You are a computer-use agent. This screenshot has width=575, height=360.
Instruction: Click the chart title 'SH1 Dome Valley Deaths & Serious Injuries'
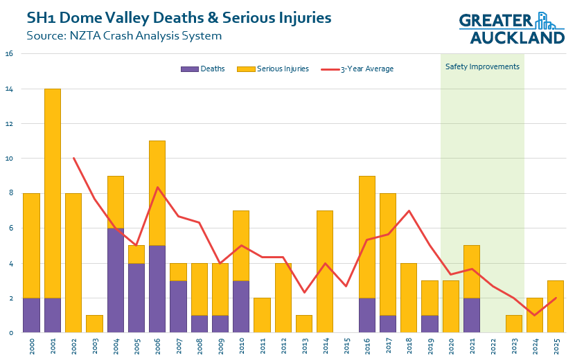coord(179,17)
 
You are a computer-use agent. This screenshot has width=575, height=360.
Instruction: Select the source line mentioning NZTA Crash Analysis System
coord(125,35)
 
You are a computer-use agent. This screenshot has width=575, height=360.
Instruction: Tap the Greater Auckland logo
coord(512,28)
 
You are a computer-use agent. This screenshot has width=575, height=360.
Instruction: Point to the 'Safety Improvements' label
coord(482,66)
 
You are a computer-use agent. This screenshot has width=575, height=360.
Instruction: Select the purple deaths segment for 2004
coord(116,280)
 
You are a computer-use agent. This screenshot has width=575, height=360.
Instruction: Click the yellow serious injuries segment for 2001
coord(53,193)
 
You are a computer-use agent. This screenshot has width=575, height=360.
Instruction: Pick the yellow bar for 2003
coord(95,324)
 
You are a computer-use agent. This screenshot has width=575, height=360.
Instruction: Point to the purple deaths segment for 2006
coord(158,289)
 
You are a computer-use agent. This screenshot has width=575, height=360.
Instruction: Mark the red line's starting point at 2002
coord(74,159)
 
